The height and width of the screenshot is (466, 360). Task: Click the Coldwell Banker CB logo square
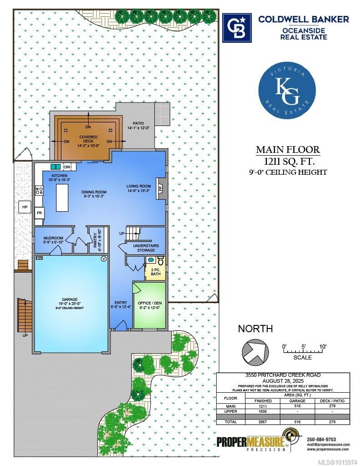coord(237,27)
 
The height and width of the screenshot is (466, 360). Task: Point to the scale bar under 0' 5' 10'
coord(303,350)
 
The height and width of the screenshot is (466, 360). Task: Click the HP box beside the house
coord(25,208)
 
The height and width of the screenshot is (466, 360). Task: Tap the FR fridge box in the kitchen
coord(39,213)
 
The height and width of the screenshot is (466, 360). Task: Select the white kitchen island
coord(62,198)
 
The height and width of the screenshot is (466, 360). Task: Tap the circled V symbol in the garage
coord(103,259)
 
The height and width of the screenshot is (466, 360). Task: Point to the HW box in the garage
coord(39,258)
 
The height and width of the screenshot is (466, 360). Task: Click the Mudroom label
coord(53,238)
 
